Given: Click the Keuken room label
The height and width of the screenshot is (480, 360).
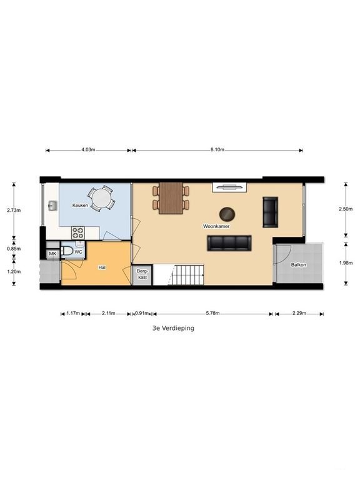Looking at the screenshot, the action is [x=80, y=205].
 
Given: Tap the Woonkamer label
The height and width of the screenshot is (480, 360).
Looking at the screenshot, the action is [x=216, y=226].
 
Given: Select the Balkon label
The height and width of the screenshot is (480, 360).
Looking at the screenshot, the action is [x=299, y=264].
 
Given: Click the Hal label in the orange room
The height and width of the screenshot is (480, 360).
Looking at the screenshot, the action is [x=102, y=267].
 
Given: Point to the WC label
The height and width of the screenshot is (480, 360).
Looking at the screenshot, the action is [x=79, y=252].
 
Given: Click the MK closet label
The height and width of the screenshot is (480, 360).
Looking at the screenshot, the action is [x=52, y=254].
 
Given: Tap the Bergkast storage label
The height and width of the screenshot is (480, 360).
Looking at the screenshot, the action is [x=142, y=274].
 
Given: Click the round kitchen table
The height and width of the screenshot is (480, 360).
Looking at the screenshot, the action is [x=101, y=198].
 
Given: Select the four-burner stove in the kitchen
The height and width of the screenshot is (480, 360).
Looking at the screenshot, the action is [x=77, y=232].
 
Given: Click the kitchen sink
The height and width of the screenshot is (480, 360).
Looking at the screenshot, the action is [x=52, y=206].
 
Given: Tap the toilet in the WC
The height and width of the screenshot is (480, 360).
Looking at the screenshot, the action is [x=67, y=251].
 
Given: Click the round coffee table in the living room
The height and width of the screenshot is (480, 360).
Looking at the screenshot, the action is [x=227, y=214].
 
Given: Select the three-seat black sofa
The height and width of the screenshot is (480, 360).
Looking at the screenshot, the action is [x=229, y=243].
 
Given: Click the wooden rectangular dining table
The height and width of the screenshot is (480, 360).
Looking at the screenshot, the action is [x=171, y=198].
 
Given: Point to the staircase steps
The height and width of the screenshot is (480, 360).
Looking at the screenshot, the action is [x=186, y=275].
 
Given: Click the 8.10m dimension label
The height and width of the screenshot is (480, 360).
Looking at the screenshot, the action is [x=217, y=150].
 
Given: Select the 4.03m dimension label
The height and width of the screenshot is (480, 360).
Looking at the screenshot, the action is [x=88, y=150].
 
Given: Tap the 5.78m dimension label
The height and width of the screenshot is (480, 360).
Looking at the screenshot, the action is [x=212, y=313].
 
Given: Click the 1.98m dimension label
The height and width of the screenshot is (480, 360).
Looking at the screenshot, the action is [x=346, y=262].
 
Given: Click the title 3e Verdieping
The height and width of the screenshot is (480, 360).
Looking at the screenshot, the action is [x=173, y=328].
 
